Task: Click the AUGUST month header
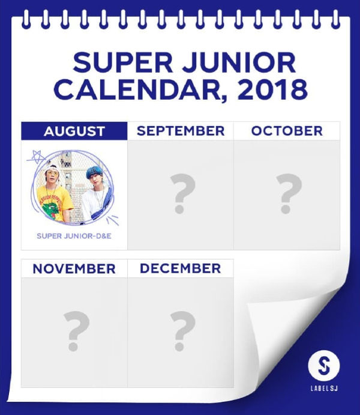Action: pyautogui.click(x=74, y=131)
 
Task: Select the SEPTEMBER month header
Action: pyautogui.click(x=181, y=131)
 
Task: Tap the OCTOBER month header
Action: pyautogui.click(x=287, y=131)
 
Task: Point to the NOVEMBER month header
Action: pyautogui.click(x=74, y=268)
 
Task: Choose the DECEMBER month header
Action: pyautogui.click(x=181, y=268)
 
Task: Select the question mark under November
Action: pyautogui.click(x=74, y=332)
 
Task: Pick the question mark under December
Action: pyautogui.click(x=181, y=332)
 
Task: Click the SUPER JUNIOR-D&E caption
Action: pyautogui.click(x=74, y=235)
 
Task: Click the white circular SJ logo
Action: pyautogui.click(x=324, y=366)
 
